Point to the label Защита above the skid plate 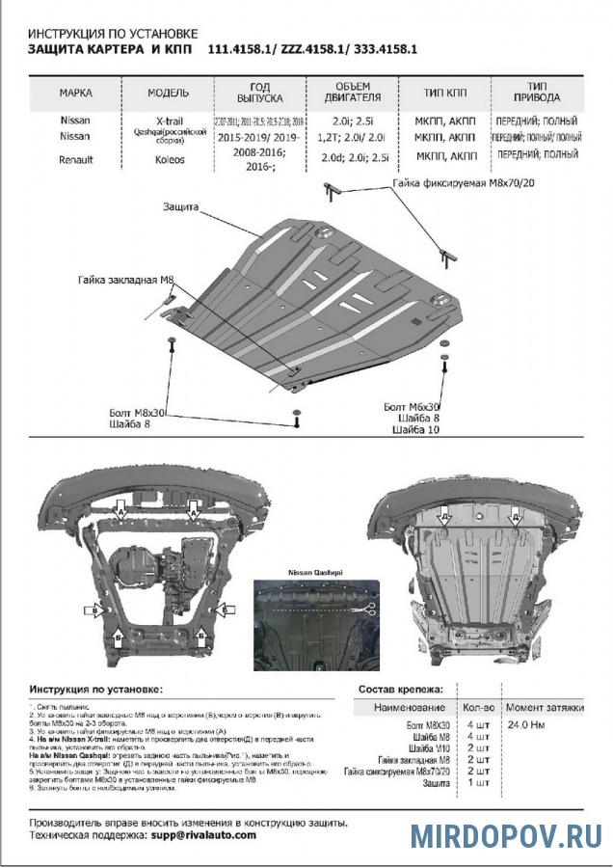pyautogui.click(x=181, y=206)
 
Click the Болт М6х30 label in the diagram pyautogui.click(x=412, y=407)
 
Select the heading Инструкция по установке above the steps pyautogui.click(x=96, y=690)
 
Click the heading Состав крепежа pyautogui.click(x=401, y=690)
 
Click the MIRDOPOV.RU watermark pyautogui.click(x=507, y=835)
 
